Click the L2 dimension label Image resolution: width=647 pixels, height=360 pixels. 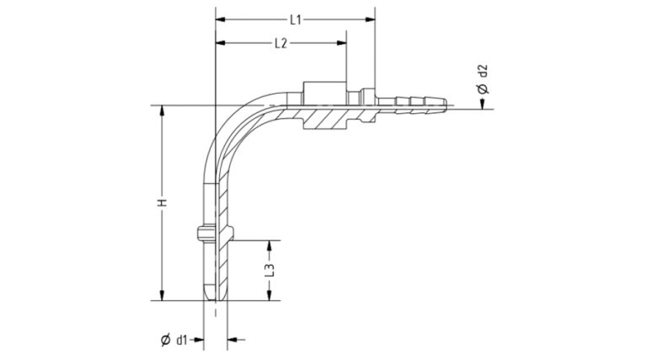[281, 44]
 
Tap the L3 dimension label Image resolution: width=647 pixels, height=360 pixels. [270, 271]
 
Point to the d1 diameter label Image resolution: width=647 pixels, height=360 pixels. [181, 340]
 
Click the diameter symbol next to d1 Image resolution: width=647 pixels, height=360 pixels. [165, 340]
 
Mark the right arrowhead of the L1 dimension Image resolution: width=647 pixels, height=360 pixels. [372, 19]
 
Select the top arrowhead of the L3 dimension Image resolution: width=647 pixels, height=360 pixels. [270, 244]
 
